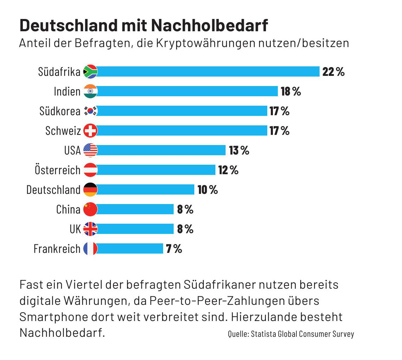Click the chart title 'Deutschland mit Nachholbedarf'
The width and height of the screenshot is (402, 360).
point(143,26)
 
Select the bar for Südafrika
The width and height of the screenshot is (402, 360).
point(208,72)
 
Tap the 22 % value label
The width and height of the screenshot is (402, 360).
point(333,72)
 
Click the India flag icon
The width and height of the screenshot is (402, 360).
point(90,91)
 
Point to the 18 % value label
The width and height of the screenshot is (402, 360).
point(291,91)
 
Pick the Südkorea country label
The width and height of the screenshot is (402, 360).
point(60,111)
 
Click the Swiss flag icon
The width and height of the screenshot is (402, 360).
point(90,131)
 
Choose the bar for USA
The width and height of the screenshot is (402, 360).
point(161,150)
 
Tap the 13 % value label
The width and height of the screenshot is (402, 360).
point(239,150)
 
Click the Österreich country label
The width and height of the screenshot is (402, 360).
point(58,170)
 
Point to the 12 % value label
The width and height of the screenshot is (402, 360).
point(228,170)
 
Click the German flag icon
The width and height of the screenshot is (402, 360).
point(90,190)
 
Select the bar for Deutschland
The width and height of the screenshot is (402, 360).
point(146,190)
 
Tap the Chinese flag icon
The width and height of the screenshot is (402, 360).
point(90,209)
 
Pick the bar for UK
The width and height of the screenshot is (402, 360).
point(135,229)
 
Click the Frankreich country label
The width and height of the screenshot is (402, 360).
point(57,249)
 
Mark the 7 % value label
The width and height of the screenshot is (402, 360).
point(174,249)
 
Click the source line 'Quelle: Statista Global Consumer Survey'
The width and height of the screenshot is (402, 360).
point(291,334)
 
